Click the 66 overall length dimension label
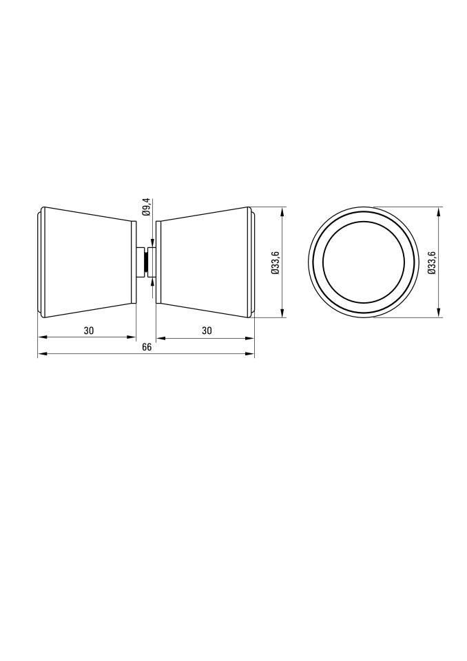147,347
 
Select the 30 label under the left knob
88,330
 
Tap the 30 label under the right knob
206,330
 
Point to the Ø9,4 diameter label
147,207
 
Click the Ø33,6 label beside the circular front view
431,262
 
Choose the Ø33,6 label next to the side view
275,262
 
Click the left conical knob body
87,262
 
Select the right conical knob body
206,262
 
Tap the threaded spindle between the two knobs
146,262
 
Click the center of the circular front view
364,262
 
